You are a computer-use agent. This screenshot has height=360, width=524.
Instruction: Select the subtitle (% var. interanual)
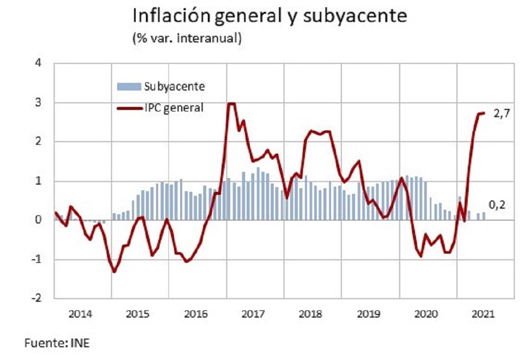point(187,38)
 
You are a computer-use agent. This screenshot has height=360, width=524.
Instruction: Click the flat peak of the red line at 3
point(231,104)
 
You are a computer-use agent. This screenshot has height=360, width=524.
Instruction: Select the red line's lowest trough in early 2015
point(114,271)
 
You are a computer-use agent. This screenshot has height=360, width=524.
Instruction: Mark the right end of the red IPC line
point(484,113)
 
